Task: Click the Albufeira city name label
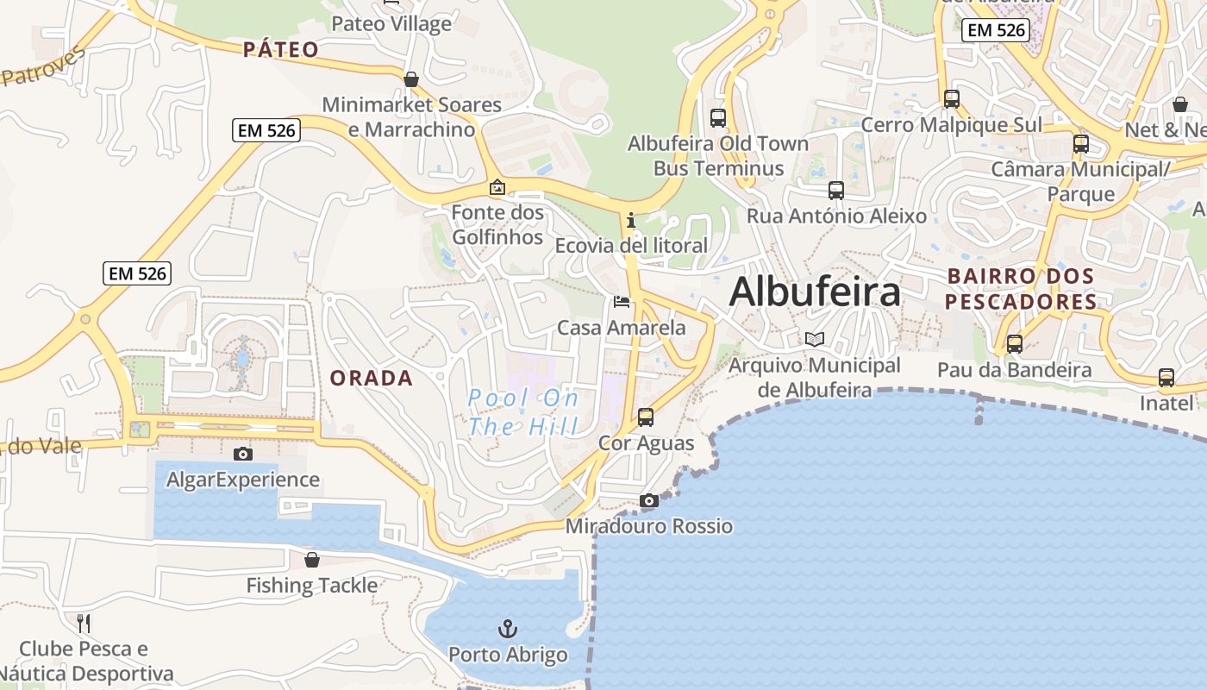815,292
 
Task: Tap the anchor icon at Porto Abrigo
508,628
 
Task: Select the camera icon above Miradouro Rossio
649,501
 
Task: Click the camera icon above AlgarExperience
243,455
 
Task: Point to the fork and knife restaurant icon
84,623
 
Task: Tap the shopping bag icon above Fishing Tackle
312,560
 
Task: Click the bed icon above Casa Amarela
621,302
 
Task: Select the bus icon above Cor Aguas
646,417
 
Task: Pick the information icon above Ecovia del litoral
631,220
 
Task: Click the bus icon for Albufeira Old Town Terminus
717,118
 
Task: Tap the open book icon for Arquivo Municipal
815,339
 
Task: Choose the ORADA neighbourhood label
372,378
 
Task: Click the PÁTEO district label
281,49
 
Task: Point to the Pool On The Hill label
523,411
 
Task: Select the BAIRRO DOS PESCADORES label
1022,289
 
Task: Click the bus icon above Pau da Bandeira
1015,344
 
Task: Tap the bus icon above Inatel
1166,378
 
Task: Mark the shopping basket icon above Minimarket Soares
411,79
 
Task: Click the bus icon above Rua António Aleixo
835,191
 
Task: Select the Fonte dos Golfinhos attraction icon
497,186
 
